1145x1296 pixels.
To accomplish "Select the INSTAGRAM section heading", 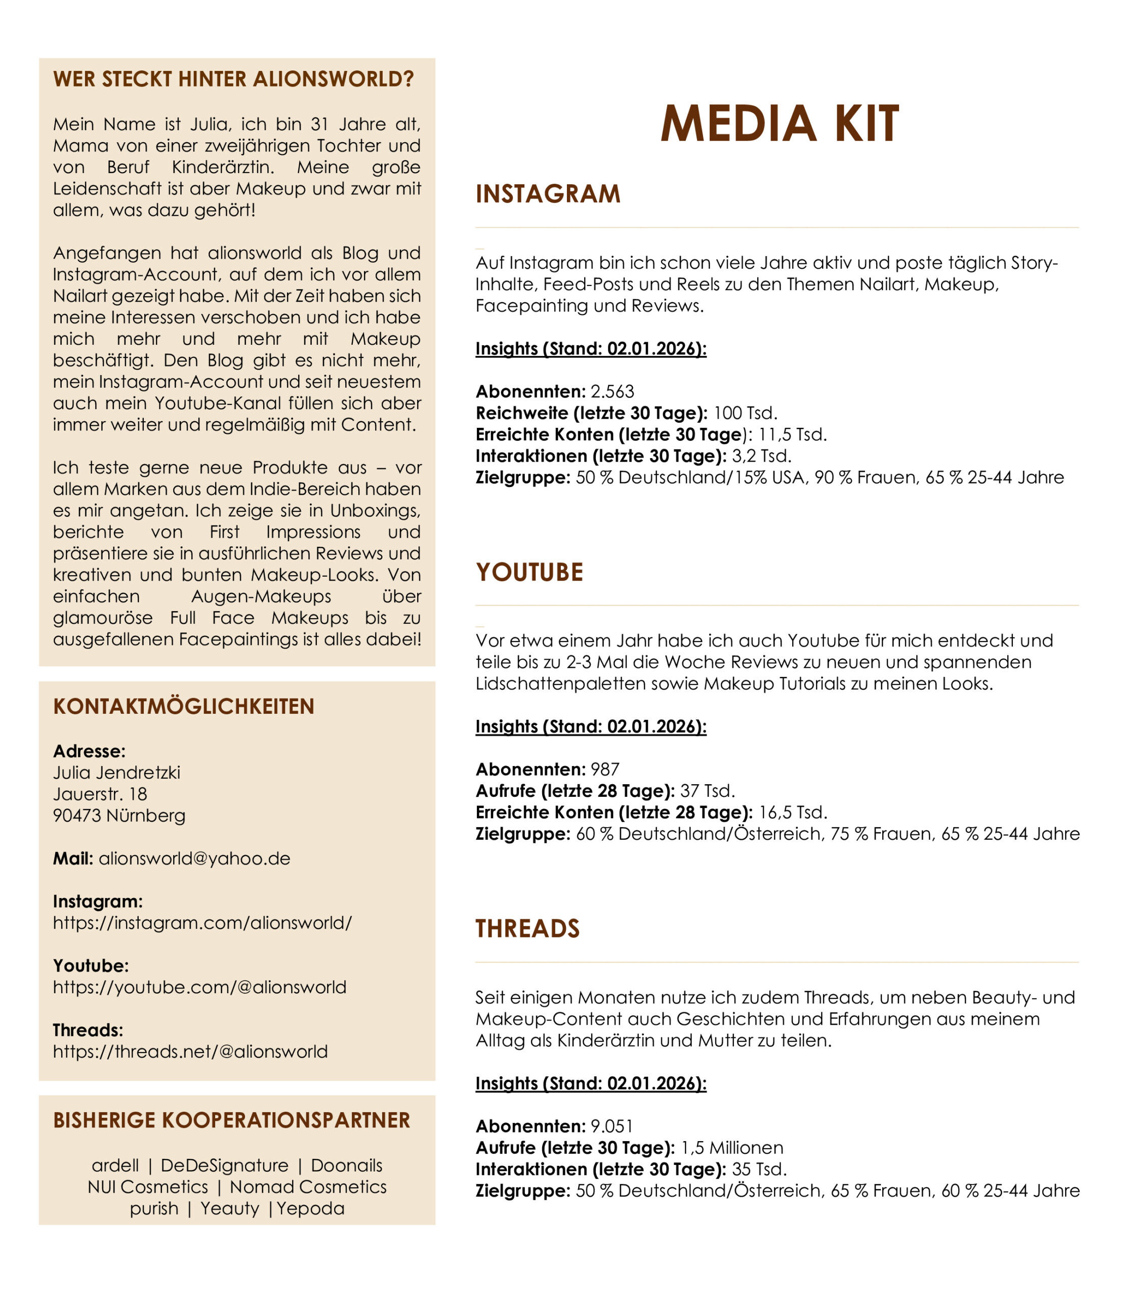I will tap(548, 194).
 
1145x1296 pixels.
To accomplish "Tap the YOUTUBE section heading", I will tap(529, 572).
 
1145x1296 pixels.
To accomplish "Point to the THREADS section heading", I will tap(527, 928).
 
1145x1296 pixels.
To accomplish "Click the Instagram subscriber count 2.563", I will tap(612, 391).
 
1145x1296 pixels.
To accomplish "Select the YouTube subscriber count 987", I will tap(605, 769).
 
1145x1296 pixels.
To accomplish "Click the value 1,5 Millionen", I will tap(732, 1148).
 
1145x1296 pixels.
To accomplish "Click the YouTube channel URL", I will tap(200, 987).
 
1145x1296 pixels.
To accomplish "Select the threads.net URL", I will tap(190, 1051).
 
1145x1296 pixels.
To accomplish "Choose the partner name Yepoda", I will tap(311, 1208).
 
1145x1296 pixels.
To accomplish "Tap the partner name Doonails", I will tap(346, 1165).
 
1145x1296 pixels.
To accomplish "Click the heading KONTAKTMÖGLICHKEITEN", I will tap(184, 706).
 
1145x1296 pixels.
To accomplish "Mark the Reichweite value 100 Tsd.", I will tap(745, 413).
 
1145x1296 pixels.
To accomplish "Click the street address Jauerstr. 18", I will tap(100, 794).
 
